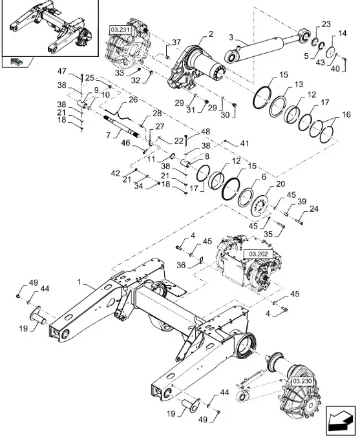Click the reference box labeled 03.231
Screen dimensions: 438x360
coord(120,30)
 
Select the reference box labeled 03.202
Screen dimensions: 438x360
coord(260,255)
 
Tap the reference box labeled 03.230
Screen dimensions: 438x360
coord(302,382)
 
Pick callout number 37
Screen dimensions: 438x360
coord(158,43)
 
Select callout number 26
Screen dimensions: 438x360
coord(132,99)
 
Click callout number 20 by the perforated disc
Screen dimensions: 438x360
coord(280,183)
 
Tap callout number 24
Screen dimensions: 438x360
coord(314,208)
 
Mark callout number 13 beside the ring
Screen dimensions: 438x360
coord(299,85)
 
